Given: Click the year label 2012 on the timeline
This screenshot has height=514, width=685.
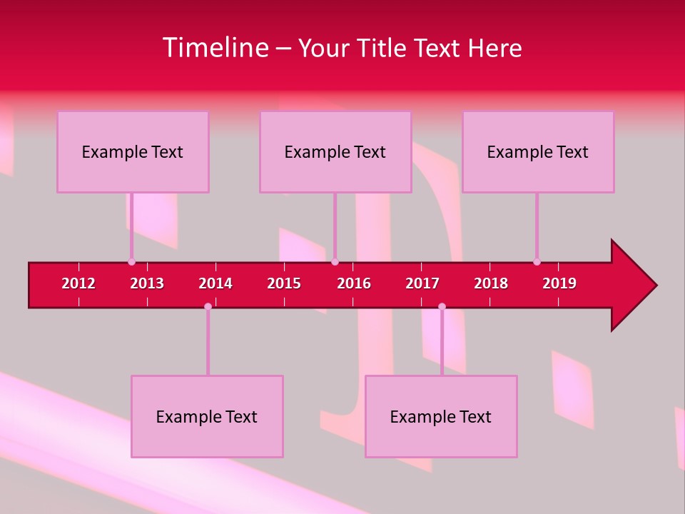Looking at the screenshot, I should (78, 283).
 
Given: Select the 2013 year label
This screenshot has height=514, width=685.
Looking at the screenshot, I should (147, 283).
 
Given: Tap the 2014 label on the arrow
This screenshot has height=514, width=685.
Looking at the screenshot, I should (215, 283).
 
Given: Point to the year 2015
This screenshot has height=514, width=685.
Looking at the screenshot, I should (284, 283).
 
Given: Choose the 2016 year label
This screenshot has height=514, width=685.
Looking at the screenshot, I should (354, 283).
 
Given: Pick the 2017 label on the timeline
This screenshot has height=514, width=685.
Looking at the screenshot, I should (422, 283).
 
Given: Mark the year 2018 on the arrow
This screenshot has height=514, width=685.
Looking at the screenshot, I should (491, 283).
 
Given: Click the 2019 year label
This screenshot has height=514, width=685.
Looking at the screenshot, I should (559, 283).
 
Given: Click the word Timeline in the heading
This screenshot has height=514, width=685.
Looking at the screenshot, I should (215, 48).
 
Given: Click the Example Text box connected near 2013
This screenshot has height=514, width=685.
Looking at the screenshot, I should (133, 151).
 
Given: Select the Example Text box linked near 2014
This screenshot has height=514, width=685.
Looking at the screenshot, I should (207, 416).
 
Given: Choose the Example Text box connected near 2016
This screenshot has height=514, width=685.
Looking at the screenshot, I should (335, 151).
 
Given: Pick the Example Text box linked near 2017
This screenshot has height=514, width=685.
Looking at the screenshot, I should (441, 416).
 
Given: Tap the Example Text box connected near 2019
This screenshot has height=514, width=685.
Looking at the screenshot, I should (538, 151).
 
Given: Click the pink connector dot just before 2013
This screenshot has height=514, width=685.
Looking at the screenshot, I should (131, 262).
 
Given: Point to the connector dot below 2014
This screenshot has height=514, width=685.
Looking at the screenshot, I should (208, 307).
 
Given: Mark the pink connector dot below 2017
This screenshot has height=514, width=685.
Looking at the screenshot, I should (442, 307).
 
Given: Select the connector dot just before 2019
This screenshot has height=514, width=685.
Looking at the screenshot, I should (537, 262).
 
